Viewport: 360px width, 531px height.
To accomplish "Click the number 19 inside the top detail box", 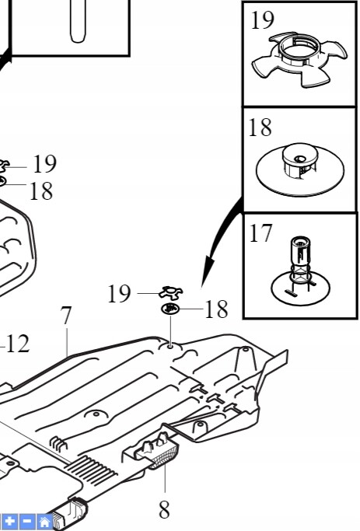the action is coord(262,20).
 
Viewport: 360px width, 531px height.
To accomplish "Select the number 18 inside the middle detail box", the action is coord(260,128).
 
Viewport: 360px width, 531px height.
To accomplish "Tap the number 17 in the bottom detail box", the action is coord(260,233).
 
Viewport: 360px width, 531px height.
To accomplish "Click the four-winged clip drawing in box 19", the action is coord(299,59).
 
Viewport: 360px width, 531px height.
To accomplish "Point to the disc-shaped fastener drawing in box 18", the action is coord(300,169).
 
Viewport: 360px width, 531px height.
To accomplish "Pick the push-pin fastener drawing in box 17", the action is coord(300,270).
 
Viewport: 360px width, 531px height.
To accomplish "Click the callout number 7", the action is coord(66,316).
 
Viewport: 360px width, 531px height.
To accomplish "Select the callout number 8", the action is coord(164,509).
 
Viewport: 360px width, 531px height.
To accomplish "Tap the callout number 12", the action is coord(18,344).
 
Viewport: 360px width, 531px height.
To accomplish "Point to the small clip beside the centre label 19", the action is coord(171,292).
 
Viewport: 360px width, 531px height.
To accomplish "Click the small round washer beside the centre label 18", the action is coord(170,309).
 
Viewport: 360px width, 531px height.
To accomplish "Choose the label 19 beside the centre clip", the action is coord(119,294).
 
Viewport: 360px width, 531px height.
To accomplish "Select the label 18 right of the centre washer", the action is coord(216,309).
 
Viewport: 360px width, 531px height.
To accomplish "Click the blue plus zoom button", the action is coord(9,521).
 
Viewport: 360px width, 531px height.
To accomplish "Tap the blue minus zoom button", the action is coord(27,521).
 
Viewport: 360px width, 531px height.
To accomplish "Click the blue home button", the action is coord(45,521).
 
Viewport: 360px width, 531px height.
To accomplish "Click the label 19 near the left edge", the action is coord(44,164).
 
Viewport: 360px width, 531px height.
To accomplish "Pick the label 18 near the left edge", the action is coord(41,191).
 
